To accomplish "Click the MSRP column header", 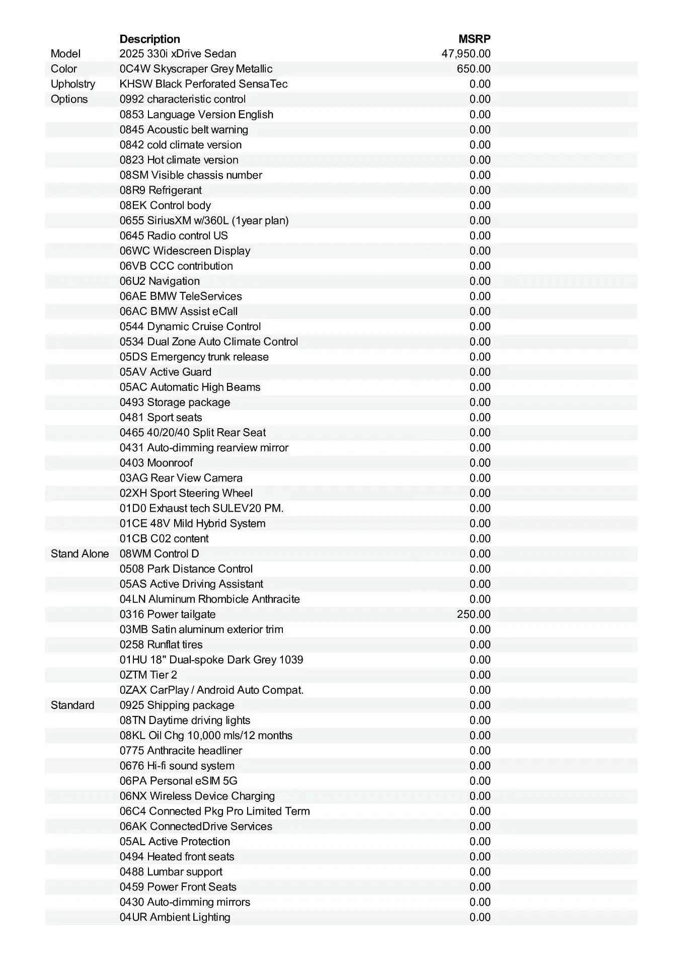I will click(x=474, y=39).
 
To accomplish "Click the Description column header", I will click(x=149, y=39).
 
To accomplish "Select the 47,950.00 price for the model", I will click(x=466, y=54).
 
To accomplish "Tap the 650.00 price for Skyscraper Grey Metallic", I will click(x=473, y=69).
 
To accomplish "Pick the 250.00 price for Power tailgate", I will click(x=473, y=614).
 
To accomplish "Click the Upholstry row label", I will click(x=72, y=84).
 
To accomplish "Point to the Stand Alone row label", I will click(x=80, y=554).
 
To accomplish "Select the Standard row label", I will click(x=72, y=705).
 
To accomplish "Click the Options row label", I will click(x=69, y=99).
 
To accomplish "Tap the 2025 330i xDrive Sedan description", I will click(x=178, y=54).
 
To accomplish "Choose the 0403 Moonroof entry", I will click(x=156, y=463).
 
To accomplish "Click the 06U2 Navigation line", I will click(x=160, y=281).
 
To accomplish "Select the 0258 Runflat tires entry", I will click(x=161, y=645).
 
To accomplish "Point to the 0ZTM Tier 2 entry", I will click(x=148, y=675).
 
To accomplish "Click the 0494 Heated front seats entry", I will click(x=177, y=857).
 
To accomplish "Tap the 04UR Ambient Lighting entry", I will click(x=175, y=917).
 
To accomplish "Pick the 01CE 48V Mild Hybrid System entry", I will click(x=192, y=523).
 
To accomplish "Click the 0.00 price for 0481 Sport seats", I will click(x=480, y=418).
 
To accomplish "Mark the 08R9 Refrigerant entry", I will click(x=161, y=190).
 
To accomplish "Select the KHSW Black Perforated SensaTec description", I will click(x=203, y=84).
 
